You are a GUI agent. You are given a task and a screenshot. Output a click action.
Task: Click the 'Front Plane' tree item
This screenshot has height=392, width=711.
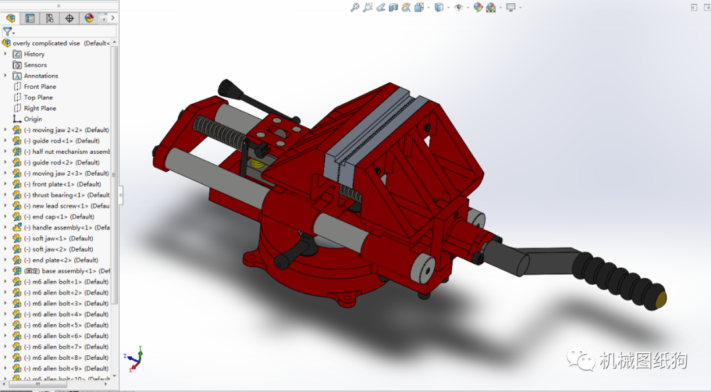(39, 87)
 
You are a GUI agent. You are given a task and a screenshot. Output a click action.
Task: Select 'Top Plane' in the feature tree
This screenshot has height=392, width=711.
(38, 97)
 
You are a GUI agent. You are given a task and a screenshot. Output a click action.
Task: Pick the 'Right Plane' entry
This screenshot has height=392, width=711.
(39, 109)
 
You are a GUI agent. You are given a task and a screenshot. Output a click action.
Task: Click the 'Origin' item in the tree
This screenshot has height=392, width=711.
(33, 119)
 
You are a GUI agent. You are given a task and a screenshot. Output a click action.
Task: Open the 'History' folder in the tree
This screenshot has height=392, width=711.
(34, 54)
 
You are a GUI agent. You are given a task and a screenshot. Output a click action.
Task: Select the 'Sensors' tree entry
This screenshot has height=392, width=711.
(35, 65)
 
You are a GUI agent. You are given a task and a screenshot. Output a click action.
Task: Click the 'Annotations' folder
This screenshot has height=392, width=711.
(41, 76)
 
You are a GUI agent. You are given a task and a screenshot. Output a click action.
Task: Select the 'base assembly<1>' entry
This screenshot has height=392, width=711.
(66, 271)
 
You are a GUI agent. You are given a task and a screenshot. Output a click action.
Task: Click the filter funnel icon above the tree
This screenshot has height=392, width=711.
(7, 31)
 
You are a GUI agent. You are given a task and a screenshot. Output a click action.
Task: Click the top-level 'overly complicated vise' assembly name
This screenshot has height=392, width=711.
(46, 43)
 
